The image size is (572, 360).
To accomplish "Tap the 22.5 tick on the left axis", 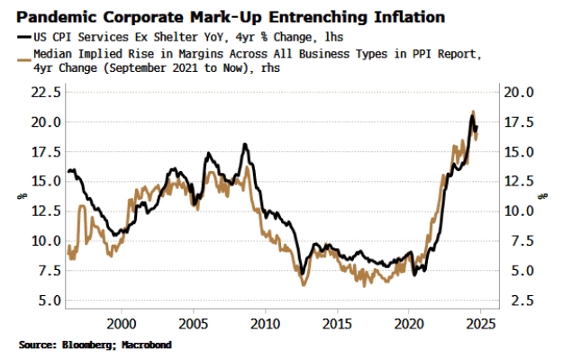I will (46, 92).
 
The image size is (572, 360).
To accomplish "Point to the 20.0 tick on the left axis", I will (46, 121).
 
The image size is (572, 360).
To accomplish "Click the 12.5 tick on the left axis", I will (46, 211).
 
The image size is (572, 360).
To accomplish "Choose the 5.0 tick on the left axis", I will (50, 300).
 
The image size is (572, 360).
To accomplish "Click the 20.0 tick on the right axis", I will (523, 92).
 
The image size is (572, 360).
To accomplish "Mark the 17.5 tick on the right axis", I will (523, 121).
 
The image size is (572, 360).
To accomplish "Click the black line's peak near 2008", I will (244, 144).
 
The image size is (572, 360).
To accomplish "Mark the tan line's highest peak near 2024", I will (473, 112).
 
